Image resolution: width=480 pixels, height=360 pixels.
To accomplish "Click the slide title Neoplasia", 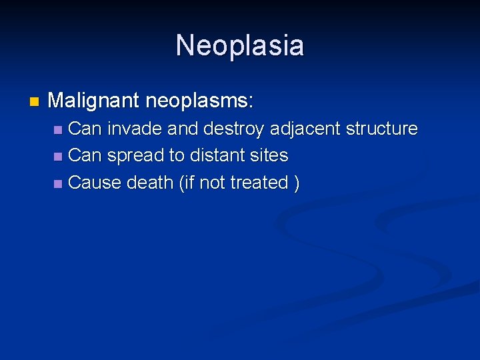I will tap(240, 46).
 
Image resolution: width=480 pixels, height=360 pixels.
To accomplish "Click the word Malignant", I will tap(94, 101).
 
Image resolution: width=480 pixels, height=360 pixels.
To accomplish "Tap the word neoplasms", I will tap(196, 101).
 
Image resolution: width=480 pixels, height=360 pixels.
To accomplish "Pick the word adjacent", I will tap(303, 129).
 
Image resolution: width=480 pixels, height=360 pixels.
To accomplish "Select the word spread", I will tap(136, 156).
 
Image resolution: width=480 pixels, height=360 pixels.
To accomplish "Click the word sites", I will tap(270, 155).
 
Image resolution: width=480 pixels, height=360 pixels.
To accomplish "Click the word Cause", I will tap(95, 182).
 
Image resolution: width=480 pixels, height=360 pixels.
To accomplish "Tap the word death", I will tap(151, 182).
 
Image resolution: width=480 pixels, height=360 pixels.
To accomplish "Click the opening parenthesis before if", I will tap(181, 183).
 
